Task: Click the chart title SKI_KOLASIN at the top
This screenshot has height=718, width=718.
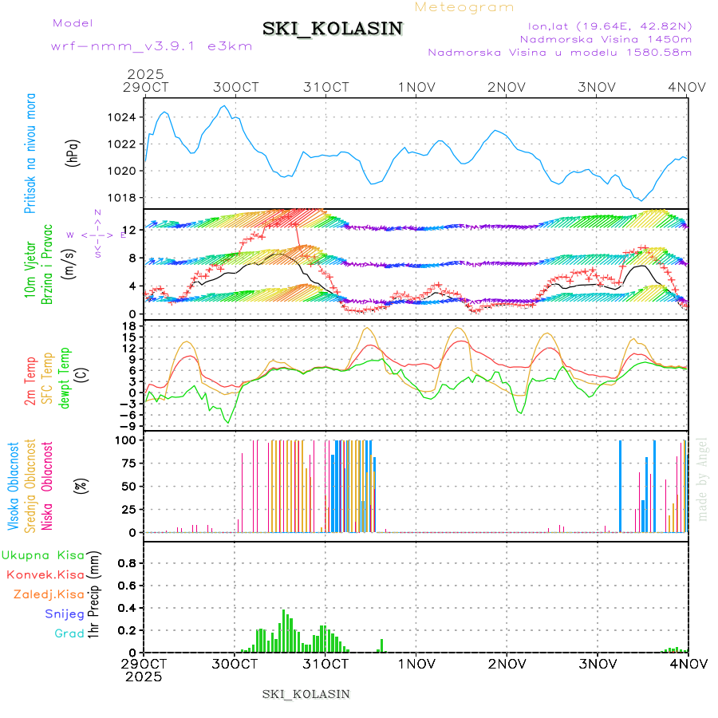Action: [x=333, y=29]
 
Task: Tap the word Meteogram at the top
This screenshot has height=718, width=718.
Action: [x=465, y=7]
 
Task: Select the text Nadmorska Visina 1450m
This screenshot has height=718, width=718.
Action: [x=606, y=38]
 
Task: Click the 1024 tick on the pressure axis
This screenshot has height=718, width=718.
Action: [x=121, y=117]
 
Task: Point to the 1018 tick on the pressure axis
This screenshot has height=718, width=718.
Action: [x=121, y=198]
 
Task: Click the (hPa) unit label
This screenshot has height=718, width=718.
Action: [x=73, y=152]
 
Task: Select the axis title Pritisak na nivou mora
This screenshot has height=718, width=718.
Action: [x=30, y=152]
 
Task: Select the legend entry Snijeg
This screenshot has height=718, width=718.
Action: [x=65, y=613]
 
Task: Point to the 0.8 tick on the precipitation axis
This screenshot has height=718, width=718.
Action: [x=127, y=562]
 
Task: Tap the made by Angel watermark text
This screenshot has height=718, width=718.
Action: [x=703, y=479]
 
